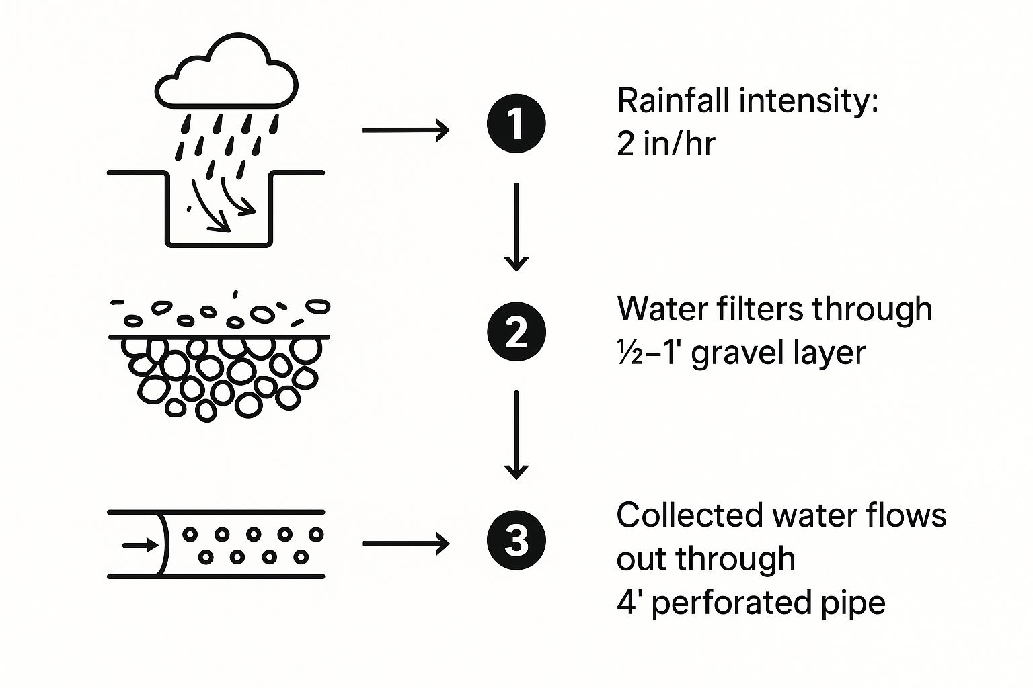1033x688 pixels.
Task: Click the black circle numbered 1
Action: (516, 124)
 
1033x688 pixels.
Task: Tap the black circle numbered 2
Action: (516, 332)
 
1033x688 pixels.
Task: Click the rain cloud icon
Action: (227, 75)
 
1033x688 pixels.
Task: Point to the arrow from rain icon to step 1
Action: (406, 130)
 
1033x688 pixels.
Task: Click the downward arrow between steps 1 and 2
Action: (516, 226)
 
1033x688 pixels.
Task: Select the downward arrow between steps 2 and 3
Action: (516, 435)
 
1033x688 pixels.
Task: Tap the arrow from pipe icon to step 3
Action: (406, 543)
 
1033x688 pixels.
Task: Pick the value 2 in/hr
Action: (665, 144)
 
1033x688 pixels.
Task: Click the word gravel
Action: (734, 353)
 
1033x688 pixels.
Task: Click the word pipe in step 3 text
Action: (859, 603)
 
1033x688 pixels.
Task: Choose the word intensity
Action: (808, 101)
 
